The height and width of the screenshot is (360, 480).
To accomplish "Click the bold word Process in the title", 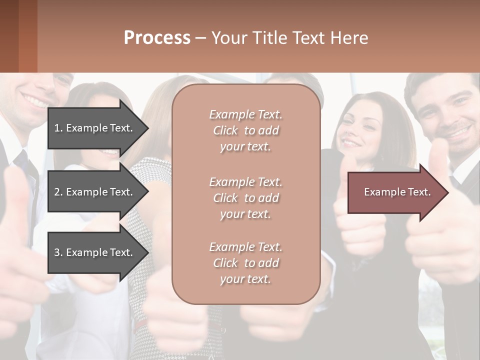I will (x=157, y=38).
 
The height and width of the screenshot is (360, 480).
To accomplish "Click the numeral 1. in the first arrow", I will (x=58, y=128).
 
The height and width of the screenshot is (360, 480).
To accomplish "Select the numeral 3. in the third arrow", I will (x=58, y=252).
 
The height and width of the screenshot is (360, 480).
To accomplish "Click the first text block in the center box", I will (x=245, y=130).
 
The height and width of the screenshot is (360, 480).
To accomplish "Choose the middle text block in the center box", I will (x=245, y=198).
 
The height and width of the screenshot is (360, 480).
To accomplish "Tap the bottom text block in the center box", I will (x=245, y=263).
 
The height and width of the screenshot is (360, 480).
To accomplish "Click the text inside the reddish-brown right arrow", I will (x=397, y=192).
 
